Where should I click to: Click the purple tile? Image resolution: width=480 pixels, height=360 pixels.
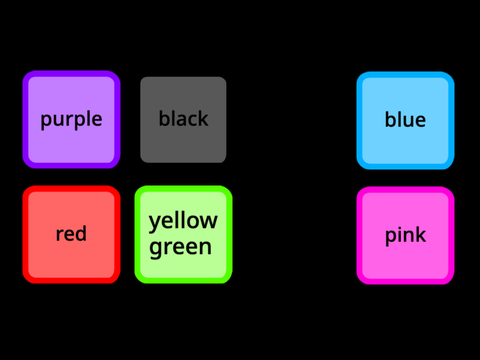pyautogui.click(x=71, y=119)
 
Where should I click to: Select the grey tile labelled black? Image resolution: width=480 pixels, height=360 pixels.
pyautogui.click(x=183, y=120)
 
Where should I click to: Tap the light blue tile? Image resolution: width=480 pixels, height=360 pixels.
pyautogui.click(x=405, y=120)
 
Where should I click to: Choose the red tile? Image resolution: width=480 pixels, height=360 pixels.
pyautogui.click(x=71, y=234)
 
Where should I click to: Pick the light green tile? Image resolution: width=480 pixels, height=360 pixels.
pyautogui.click(x=183, y=234)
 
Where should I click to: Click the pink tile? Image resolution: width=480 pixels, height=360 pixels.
pyautogui.click(x=405, y=235)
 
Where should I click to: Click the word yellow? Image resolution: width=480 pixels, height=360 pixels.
pyautogui.click(x=183, y=222)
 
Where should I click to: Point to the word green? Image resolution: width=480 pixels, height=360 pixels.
pyautogui.click(x=180, y=248)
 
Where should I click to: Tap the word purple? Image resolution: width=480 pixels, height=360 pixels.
pyautogui.click(x=71, y=120)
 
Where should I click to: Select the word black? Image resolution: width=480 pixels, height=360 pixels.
pyautogui.click(x=183, y=118)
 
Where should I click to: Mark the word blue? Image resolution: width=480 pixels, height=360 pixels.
pyautogui.click(x=405, y=119)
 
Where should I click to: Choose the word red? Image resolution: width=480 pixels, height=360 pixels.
pyautogui.click(x=71, y=233)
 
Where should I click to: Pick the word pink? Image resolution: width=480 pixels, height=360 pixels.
pyautogui.click(x=405, y=236)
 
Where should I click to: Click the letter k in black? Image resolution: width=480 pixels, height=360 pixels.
pyautogui.click(x=203, y=118)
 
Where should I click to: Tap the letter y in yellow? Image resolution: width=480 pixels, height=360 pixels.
pyautogui.click(x=155, y=224)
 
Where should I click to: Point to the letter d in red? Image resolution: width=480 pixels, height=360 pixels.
pyautogui.click(x=80, y=233)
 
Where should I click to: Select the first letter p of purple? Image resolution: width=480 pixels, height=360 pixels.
pyautogui.click(x=46, y=122)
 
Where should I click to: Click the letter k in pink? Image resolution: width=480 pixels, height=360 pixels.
pyautogui.click(x=421, y=234)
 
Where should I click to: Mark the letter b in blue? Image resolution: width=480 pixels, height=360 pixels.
pyautogui.click(x=391, y=119)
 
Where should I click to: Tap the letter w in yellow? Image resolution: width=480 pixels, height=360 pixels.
pyautogui.click(x=209, y=221)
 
